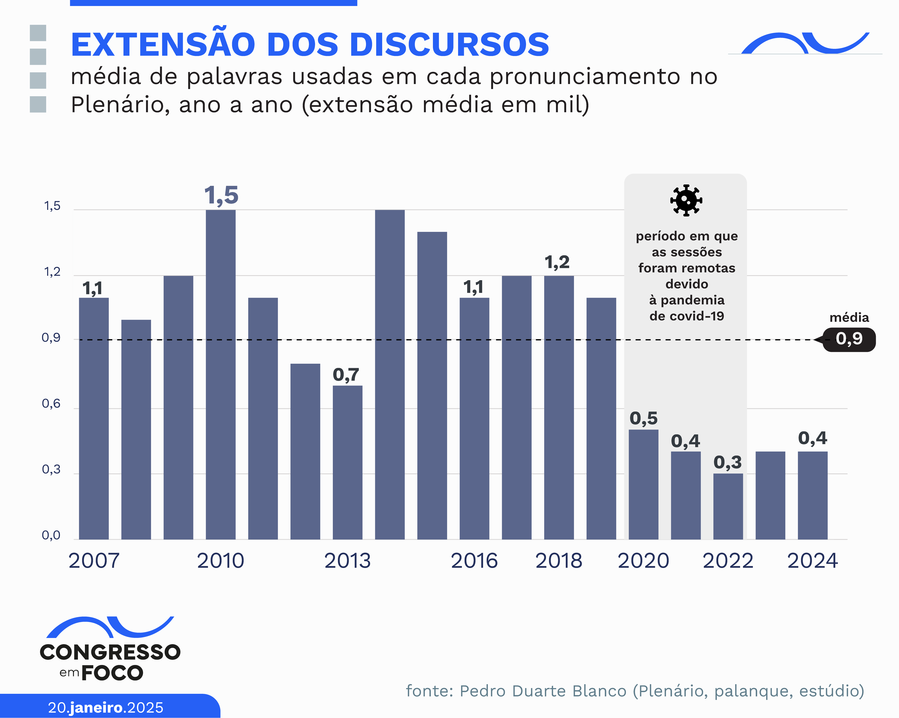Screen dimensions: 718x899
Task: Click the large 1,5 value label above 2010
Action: click(221, 195)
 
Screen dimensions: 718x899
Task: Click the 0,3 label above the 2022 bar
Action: click(728, 462)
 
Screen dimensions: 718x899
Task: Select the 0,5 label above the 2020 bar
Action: click(643, 418)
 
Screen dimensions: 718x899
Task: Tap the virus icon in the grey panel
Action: click(686, 200)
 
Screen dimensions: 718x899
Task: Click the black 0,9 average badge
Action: click(849, 339)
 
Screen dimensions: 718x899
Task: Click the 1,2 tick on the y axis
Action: click(52, 272)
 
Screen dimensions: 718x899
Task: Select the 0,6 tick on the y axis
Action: click(51, 404)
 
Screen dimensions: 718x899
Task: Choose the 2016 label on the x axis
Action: click(474, 561)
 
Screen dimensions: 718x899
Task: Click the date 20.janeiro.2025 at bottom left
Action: click(105, 708)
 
